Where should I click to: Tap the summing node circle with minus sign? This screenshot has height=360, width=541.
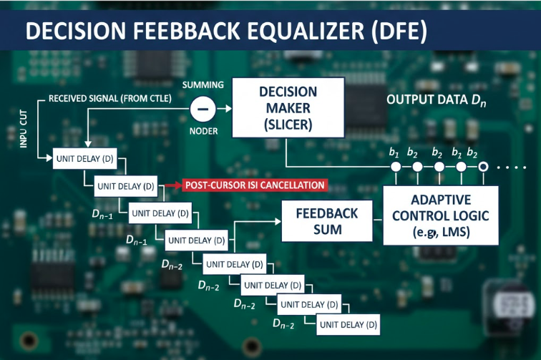(x=203, y=109)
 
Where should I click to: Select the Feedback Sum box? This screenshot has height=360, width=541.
(x=326, y=221)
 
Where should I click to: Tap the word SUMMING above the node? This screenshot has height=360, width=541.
(x=203, y=84)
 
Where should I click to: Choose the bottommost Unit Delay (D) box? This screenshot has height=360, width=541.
(x=349, y=324)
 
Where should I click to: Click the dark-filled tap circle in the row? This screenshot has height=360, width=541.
(x=483, y=167)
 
